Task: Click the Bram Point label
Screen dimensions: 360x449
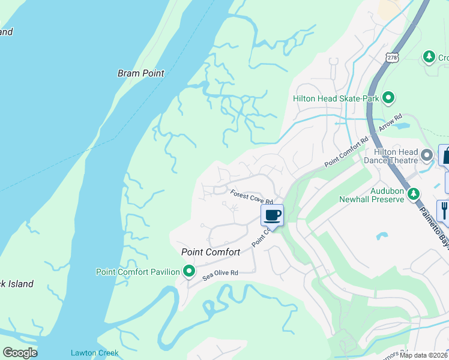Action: point(140,73)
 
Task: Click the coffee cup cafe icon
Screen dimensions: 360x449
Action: point(272,214)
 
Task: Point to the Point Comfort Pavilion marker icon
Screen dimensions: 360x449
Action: point(189,272)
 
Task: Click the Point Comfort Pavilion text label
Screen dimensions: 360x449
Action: point(138,272)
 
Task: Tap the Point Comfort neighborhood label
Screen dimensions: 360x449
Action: point(211,253)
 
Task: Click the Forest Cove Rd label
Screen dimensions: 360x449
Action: point(252,197)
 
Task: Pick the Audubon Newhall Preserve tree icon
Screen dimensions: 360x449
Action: point(413,194)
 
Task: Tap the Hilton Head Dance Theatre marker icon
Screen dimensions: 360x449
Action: point(427,156)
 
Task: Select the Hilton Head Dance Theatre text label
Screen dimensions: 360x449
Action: point(391,156)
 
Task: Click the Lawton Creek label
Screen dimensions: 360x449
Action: point(94,353)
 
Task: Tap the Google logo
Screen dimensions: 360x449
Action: point(20,353)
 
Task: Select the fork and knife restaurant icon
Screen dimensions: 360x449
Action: point(444,209)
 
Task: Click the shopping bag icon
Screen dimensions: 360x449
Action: point(445,155)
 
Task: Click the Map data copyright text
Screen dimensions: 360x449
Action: point(424,355)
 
